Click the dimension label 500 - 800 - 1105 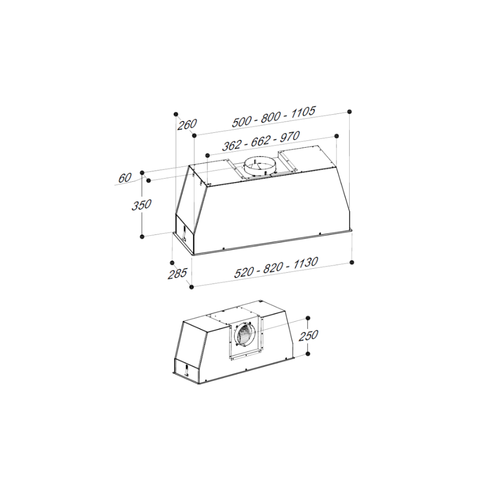274,117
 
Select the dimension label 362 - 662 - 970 261,140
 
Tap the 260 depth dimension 187,124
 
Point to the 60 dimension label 125,178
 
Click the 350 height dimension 141,205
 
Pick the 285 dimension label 178,274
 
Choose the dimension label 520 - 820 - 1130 276,268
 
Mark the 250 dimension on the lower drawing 308,336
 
